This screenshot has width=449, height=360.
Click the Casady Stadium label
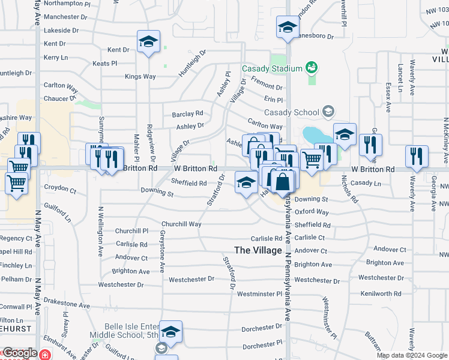pyautogui.click(x=272, y=68)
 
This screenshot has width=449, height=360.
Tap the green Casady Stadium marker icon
pyautogui.click(x=311, y=67)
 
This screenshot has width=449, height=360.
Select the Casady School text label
pyautogui.click(x=291, y=112)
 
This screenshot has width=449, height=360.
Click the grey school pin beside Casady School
pyautogui.click(x=328, y=111)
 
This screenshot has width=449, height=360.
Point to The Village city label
pyautogui.click(x=258, y=250)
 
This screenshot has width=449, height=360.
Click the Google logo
pyautogui.click(x=19, y=353)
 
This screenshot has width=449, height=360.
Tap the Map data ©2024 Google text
pyautogui.click(x=412, y=355)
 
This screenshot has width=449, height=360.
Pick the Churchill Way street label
pyautogui.click(x=181, y=224)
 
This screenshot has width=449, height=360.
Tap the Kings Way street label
pyautogui.click(x=140, y=77)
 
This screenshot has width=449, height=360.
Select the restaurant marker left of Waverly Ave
pyautogui.click(x=417, y=156)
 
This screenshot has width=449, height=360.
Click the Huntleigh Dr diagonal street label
pyautogui.click(x=192, y=63)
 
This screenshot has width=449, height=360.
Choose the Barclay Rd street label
pyautogui.click(x=187, y=113)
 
